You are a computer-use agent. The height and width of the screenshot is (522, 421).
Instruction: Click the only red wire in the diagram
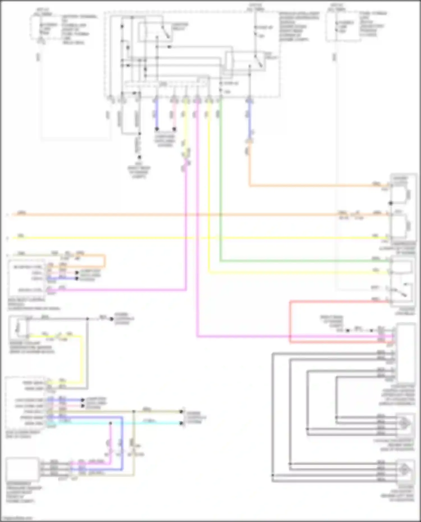click(290, 323)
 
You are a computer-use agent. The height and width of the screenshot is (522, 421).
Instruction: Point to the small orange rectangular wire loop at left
click(104, 261)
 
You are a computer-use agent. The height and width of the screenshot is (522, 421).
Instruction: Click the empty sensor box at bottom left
click(22, 469)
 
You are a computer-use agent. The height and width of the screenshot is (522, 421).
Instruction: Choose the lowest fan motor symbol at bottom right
click(405, 470)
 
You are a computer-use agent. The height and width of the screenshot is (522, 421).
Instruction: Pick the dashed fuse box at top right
click(343, 27)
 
